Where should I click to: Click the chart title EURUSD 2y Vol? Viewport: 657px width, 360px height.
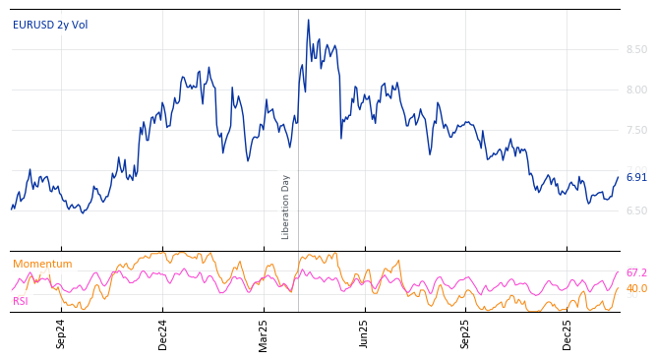pyautogui.click(x=49, y=25)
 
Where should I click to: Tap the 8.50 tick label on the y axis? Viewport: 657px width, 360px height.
pyautogui.click(x=636, y=49)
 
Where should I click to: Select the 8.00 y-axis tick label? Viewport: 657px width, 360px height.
pyautogui.click(x=636, y=90)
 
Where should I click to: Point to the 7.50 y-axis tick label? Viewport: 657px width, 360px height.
pyautogui.click(x=636, y=130)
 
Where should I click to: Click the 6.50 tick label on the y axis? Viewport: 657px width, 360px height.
pyautogui.click(x=636, y=210)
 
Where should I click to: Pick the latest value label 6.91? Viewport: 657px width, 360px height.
pyautogui.click(x=636, y=177)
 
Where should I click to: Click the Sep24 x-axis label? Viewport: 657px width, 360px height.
pyautogui.click(x=61, y=333)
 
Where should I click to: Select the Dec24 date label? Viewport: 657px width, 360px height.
pyautogui.click(x=163, y=333)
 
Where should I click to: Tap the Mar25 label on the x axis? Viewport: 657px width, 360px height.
pyautogui.click(x=264, y=333)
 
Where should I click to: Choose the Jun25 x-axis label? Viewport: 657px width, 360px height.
pyautogui.click(x=365, y=333)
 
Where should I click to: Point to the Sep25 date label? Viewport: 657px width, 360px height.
pyautogui.click(x=466, y=333)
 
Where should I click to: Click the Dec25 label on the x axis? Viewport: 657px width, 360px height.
pyautogui.click(x=567, y=333)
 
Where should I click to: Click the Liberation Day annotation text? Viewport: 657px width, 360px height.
pyautogui.click(x=286, y=207)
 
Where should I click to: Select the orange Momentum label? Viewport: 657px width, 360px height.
pyautogui.click(x=42, y=264)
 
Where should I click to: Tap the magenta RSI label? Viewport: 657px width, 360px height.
pyautogui.click(x=21, y=301)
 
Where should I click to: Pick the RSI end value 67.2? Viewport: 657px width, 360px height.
pyautogui.click(x=636, y=272)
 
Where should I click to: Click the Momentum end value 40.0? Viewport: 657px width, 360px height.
pyautogui.click(x=636, y=288)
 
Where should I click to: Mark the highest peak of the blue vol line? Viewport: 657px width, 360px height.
pyautogui.click(x=308, y=20)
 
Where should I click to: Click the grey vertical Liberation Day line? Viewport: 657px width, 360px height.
pyautogui.click(x=298, y=128)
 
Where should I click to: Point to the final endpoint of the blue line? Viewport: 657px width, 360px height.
pyautogui.click(x=619, y=177)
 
